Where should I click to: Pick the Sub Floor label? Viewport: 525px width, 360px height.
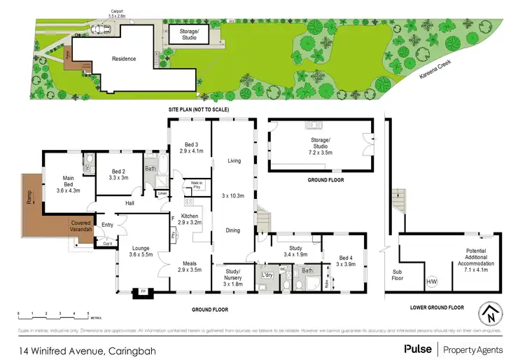[398, 274]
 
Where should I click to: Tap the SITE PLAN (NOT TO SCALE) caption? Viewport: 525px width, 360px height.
[198, 111]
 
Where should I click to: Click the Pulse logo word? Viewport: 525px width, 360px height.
[418, 347]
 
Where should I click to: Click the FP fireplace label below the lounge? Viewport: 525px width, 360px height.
[143, 291]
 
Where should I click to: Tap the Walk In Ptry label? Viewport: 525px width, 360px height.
[196, 186]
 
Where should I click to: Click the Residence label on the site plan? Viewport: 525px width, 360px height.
[124, 59]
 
